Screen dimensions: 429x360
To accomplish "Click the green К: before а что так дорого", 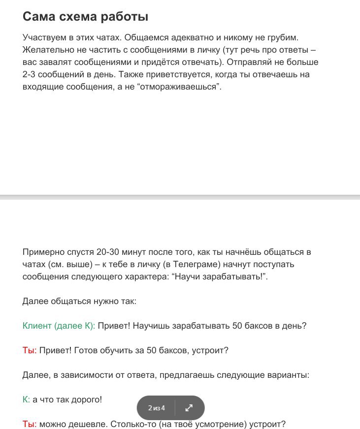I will [27, 399].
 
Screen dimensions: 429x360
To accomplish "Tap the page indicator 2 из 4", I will [156, 408].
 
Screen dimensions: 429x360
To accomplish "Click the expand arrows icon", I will [189, 408].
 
